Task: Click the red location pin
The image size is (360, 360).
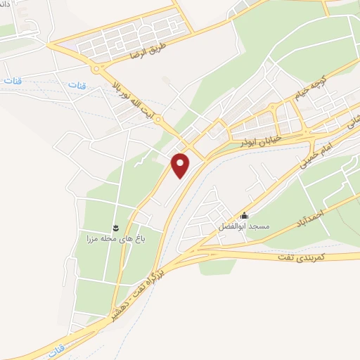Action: click(x=181, y=165)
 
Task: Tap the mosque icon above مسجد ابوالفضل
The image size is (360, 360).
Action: click(x=244, y=216)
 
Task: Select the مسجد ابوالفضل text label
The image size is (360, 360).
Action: click(x=244, y=227)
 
